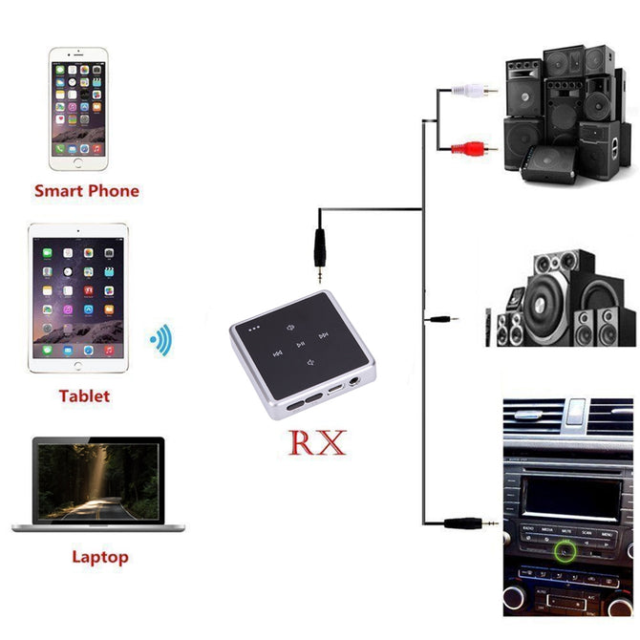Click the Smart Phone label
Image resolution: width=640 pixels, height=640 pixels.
point(86,191)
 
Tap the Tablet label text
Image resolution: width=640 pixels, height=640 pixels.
point(84,396)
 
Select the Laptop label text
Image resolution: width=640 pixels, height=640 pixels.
point(99,557)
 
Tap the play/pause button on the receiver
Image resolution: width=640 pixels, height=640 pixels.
point(300,344)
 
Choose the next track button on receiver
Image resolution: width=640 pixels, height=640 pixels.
point(324,336)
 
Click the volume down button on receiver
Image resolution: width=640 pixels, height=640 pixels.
point(310,362)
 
